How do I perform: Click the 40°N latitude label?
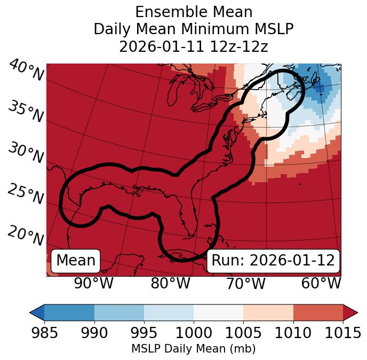(x=26, y=71)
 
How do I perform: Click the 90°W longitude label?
(x=93, y=284)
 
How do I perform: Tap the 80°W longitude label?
(x=170, y=284)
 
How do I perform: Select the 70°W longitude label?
(x=245, y=284)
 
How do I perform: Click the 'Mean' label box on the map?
(x=76, y=261)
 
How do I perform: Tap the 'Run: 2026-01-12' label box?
(x=273, y=261)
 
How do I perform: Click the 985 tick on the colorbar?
(x=44, y=333)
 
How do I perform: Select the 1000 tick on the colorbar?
(x=194, y=333)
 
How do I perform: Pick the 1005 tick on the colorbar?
(x=243, y=333)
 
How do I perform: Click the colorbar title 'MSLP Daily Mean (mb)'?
(x=193, y=349)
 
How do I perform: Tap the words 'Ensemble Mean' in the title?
(x=194, y=12)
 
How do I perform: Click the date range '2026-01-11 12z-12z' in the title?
(x=194, y=46)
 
